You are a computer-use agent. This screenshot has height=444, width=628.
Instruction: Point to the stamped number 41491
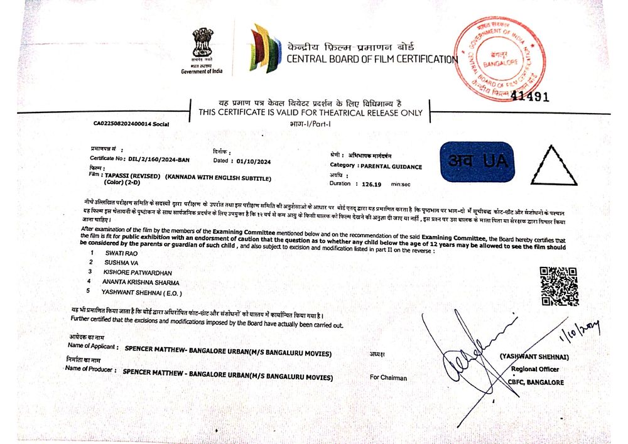[530, 97]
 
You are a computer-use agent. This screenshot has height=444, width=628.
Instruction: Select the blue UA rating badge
[477, 161]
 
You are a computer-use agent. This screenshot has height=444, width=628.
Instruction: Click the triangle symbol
[553, 166]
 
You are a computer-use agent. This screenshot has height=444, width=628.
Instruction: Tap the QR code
[558, 286]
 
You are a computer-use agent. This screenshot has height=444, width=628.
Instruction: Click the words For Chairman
[388, 377]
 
